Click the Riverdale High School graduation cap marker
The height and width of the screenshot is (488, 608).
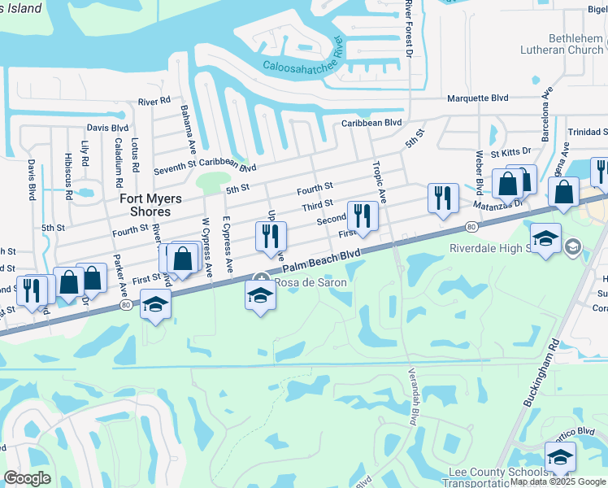coord(545,238)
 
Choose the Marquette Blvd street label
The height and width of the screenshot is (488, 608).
coord(478,98)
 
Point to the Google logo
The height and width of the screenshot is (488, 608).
coord(27,478)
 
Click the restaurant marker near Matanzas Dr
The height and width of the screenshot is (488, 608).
coord(443,198)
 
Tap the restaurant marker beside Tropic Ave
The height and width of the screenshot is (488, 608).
coord(362,216)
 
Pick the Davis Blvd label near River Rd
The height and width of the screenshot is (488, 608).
coord(108,128)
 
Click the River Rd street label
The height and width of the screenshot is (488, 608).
coord(154,102)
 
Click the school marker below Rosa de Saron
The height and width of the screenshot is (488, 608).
coord(260,296)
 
